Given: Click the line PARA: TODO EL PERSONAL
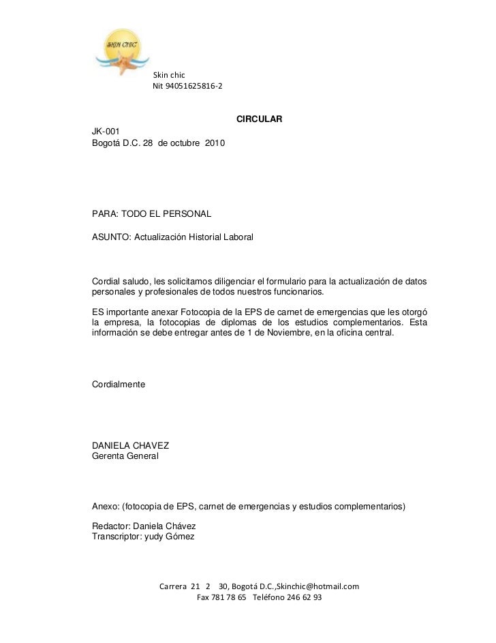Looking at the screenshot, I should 152,214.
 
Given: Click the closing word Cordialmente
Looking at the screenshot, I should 119,385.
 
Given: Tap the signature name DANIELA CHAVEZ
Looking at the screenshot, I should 130,446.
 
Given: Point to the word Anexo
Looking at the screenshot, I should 106,507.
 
